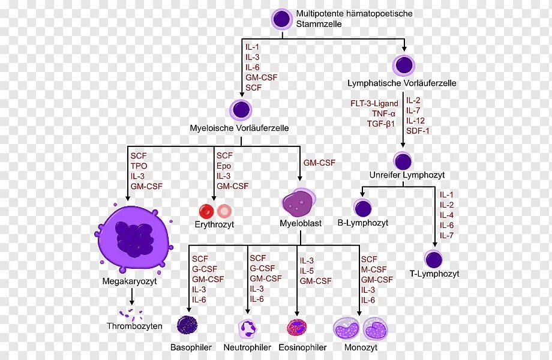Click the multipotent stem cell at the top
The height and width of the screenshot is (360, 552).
click(281, 19)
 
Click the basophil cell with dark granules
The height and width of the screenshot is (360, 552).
click(187, 325)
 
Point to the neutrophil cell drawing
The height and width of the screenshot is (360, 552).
click(247, 327)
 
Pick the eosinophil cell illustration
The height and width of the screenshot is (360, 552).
click(297, 327)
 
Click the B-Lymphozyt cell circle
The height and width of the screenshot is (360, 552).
click(362, 208)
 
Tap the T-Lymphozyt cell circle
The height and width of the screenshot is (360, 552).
click(433, 259)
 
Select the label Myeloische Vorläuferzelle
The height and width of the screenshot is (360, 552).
click(239, 128)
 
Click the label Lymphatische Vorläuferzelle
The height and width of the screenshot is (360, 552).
click(401, 83)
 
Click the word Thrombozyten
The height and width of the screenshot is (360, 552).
click(134, 327)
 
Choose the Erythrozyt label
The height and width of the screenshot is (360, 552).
click(214, 224)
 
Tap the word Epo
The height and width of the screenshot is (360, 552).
click(224, 166)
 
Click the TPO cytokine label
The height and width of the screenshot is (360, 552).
click(139, 166)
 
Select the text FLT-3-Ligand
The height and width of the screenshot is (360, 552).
click(374, 103)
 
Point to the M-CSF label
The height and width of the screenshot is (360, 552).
click(374, 269)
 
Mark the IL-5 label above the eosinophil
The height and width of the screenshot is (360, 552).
click(307, 271)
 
